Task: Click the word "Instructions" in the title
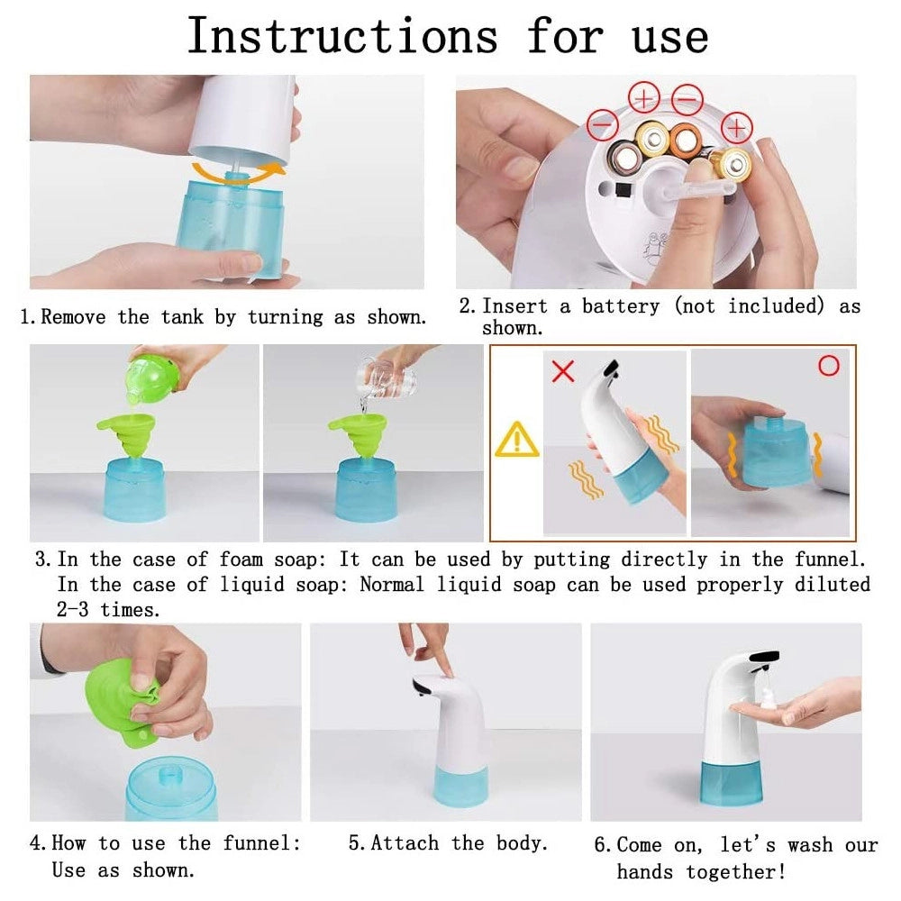click(342, 36)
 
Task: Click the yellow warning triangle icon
click(517, 441)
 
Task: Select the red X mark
click(563, 370)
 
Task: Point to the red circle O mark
click(829, 366)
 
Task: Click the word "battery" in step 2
click(621, 306)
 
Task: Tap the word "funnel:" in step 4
click(261, 843)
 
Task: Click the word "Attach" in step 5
click(405, 843)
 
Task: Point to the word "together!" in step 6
click(735, 871)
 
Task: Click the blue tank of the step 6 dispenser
click(732, 783)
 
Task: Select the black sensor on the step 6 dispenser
click(764, 657)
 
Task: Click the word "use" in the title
click(670, 37)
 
